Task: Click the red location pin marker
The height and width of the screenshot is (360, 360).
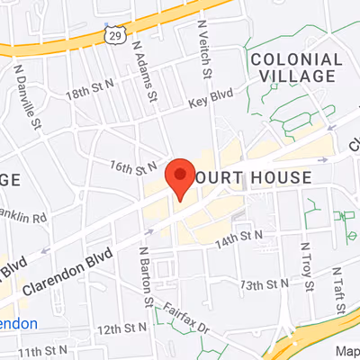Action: (180, 176)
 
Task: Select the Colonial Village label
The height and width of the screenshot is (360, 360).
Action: (296, 70)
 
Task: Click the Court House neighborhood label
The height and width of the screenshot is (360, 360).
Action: (260, 178)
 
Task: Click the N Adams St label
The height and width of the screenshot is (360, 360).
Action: (144, 68)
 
